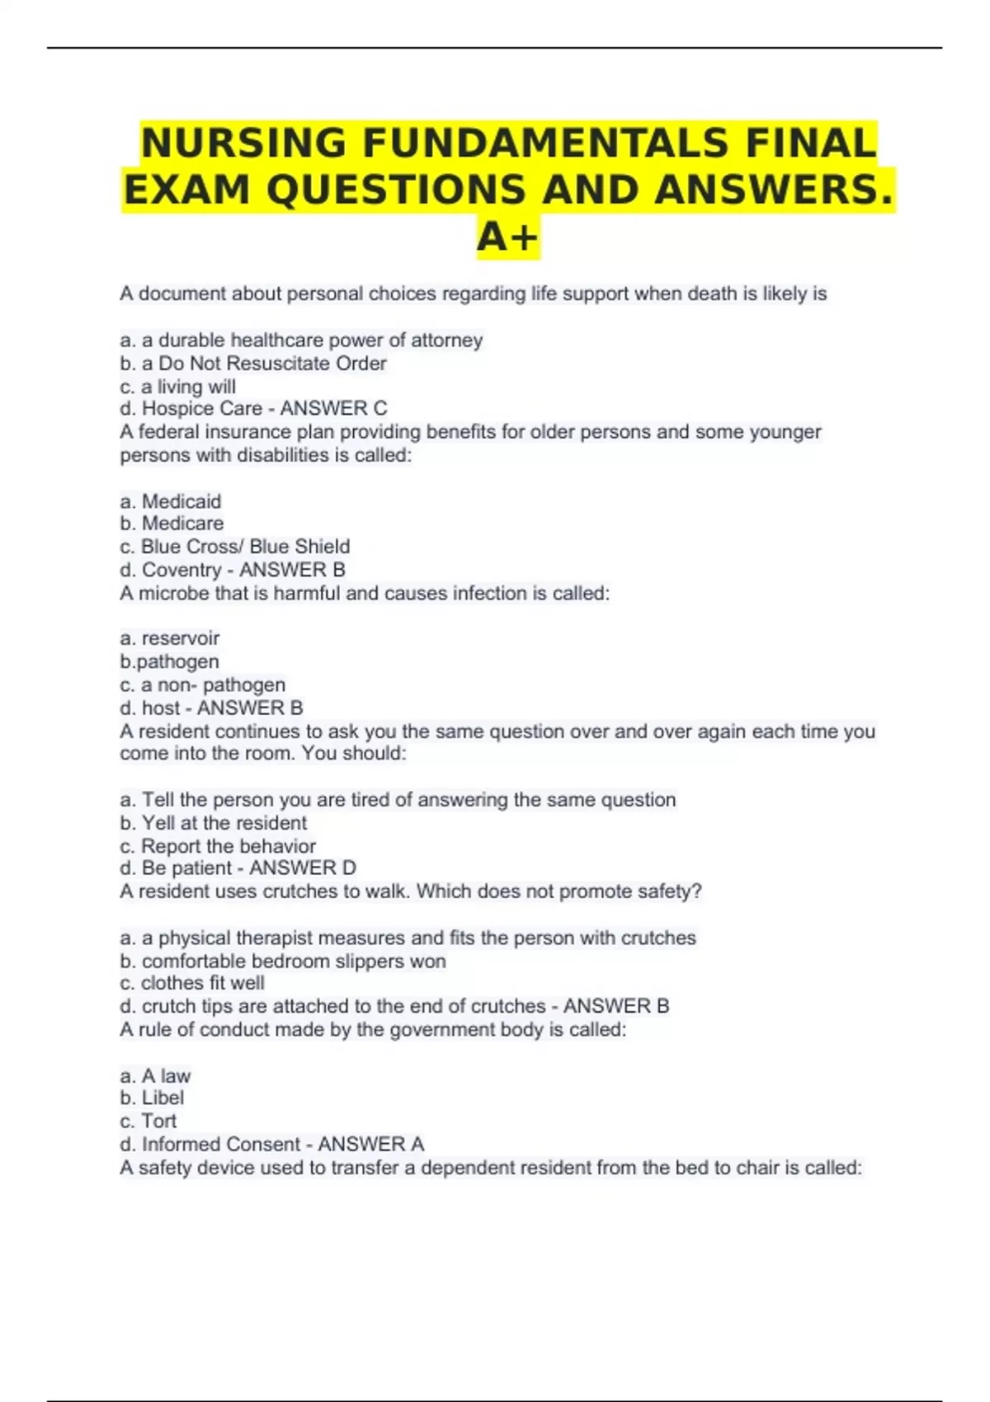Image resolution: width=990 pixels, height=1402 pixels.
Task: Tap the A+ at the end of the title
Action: (x=507, y=238)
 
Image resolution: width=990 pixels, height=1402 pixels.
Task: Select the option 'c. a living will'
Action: (x=177, y=387)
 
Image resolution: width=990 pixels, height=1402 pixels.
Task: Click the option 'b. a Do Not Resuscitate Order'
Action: (x=252, y=364)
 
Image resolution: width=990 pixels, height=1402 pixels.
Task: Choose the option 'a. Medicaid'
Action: (x=170, y=501)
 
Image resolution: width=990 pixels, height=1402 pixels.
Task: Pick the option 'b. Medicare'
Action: (x=172, y=524)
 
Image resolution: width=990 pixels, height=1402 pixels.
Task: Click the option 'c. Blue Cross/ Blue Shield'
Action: (x=234, y=547)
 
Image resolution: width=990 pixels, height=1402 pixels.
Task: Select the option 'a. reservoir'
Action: (x=169, y=638)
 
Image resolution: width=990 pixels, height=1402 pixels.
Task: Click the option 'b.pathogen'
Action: (x=169, y=661)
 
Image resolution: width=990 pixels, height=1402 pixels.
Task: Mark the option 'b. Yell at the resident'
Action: (x=213, y=823)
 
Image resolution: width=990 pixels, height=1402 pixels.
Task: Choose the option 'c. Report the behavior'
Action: (x=218, y=846)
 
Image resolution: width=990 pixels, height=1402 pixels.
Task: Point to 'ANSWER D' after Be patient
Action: (x=303, y=868)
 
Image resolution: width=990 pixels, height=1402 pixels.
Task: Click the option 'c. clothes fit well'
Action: (x=192, y=983)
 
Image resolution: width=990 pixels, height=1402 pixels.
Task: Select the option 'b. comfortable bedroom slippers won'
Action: (x=282, y=961)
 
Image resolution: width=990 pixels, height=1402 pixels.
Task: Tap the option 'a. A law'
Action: (x=155, y=1076)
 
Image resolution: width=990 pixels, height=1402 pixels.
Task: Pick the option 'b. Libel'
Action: (x=152, y=1099)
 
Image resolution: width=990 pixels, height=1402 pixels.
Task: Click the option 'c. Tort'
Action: (x=148, y=1122)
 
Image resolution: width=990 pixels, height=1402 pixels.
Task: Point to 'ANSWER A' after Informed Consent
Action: (x=371, y=1144)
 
